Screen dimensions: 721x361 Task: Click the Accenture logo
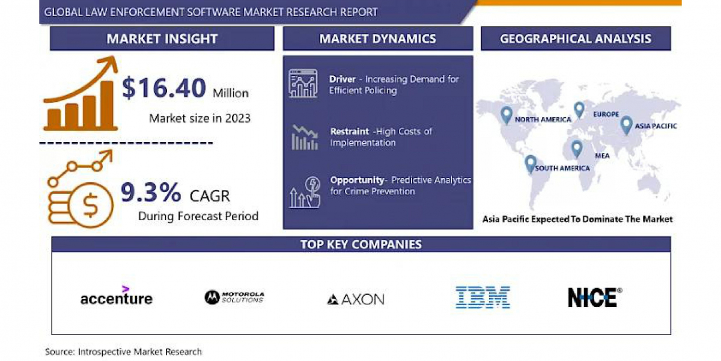(117, 295)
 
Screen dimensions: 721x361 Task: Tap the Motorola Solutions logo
(234, 297)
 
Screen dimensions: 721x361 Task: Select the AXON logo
(356, 299)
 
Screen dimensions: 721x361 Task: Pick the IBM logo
(482, 297)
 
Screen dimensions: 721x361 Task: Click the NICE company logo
(595, 297)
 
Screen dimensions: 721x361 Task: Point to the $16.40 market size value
(164, 88)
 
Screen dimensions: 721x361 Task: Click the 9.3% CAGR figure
(151, 193)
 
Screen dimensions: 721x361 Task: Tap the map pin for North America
(507, 115)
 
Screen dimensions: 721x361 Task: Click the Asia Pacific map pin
(626, 125)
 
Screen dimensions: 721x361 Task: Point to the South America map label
(562, 168)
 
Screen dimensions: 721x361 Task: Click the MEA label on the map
(602, 156)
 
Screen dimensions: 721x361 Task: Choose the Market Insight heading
(162, 39)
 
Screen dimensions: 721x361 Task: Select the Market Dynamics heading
(377, 39)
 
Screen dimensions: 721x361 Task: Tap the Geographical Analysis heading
(576, 39)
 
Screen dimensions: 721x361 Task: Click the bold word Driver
(342, 79)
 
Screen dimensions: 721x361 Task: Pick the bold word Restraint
(350, 132)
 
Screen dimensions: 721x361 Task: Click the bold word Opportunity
(357, 180)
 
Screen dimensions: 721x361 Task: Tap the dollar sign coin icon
(91, 205)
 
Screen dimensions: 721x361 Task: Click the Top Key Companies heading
(361, 244)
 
